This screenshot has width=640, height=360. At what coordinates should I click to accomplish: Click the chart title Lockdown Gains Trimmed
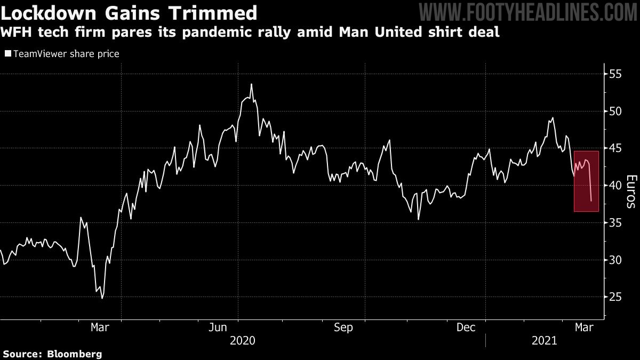[129, 12]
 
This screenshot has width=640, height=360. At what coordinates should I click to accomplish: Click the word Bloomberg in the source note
[75, 354]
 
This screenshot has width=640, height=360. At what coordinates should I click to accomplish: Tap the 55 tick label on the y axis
[617, 74]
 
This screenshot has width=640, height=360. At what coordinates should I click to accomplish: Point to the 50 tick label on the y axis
[617, 111]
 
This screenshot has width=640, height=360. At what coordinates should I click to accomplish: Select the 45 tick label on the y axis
[617, 148]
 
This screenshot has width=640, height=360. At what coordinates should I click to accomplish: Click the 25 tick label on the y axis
[617, 297]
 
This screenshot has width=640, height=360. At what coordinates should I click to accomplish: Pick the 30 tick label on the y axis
[617, 260]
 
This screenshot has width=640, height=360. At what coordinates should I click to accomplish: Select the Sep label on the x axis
[343, 327]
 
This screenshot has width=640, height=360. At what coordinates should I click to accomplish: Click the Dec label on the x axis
[467, 327]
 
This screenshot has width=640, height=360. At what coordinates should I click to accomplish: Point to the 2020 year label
[243, 340]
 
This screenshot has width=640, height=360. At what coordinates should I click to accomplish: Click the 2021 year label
[544, 340]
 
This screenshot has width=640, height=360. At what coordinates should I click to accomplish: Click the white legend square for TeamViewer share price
[7, 54]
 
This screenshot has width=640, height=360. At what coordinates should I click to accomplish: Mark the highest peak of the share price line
[251, 84]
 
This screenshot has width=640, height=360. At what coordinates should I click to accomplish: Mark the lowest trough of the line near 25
[102, 298]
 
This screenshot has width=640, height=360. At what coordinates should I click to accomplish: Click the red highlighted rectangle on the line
[586, 181]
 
